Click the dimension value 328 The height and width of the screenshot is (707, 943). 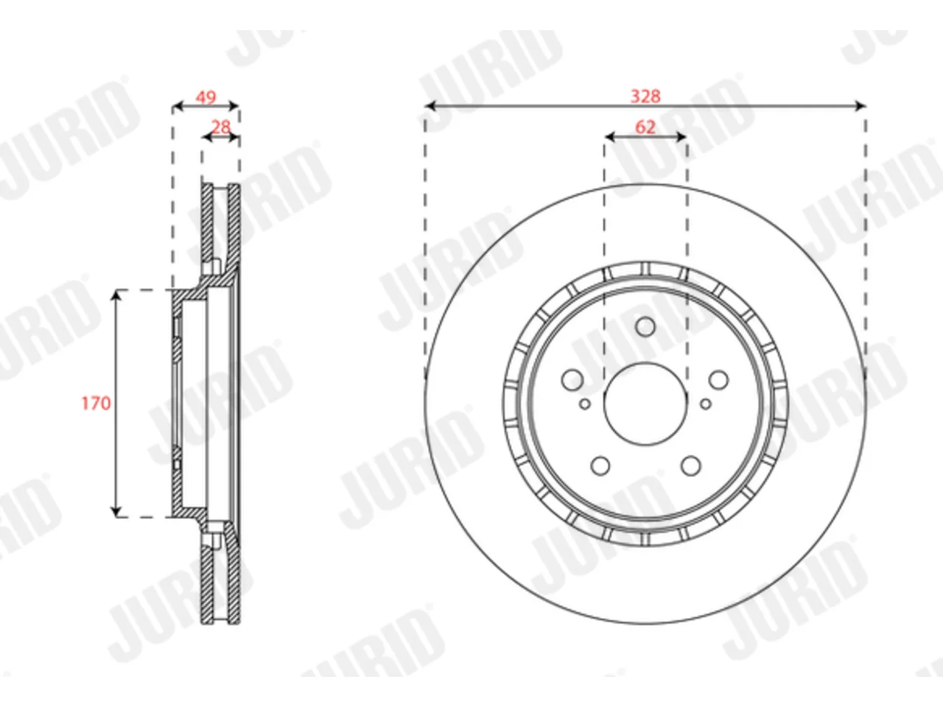tap(645, 96)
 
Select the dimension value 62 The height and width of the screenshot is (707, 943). tap(645, 127)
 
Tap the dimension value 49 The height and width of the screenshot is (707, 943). tap(206, 97)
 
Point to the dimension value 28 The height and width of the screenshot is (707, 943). tap(221, 127)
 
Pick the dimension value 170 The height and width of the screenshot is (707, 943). tap(97, 403)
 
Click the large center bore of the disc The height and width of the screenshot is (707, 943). tap(645, 404)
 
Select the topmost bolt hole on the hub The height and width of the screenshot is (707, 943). tap(645, 327)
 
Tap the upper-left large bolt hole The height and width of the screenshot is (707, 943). tap(572, 380)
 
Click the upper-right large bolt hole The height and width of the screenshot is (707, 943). tap(719, 380)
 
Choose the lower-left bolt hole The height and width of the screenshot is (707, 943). tap(600, 465)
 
